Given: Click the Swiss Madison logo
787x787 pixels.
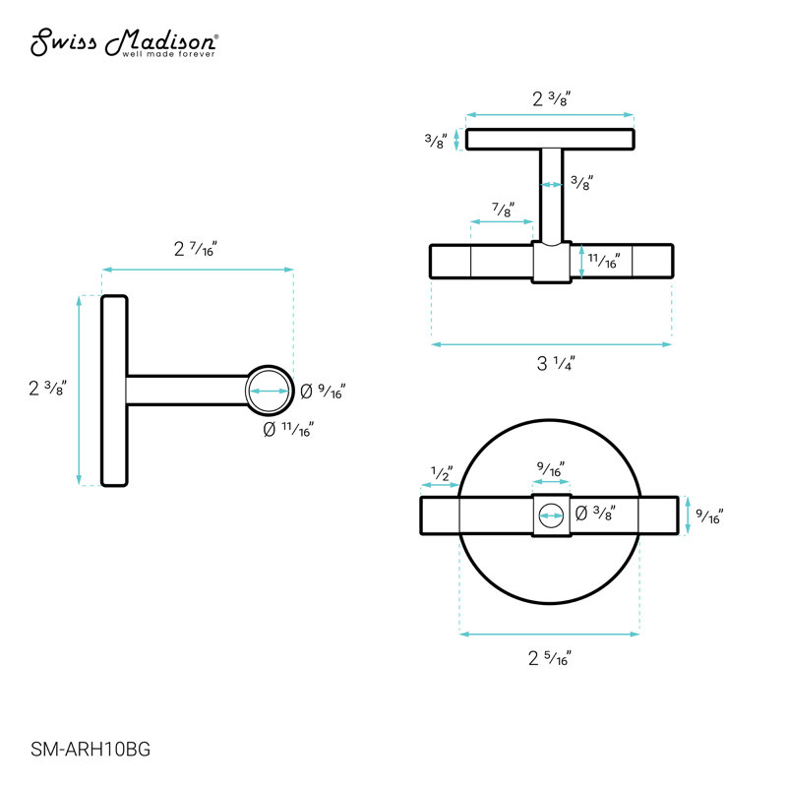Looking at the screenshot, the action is (124, 43).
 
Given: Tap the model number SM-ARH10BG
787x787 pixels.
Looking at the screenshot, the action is (91, 750).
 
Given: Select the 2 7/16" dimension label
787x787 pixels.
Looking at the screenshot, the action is (195, 249).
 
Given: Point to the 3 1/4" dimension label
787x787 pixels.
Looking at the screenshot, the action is (556, 363).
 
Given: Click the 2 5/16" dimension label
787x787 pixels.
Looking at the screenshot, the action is (550, 658).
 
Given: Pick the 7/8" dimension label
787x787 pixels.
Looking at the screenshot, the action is (503, 210).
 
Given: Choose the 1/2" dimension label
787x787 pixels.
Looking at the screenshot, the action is (442, 473).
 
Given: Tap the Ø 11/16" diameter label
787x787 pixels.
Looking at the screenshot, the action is (288, 429).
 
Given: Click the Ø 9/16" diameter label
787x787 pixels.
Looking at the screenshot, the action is (323, 391).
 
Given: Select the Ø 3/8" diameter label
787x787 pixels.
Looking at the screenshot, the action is (595, 513).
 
